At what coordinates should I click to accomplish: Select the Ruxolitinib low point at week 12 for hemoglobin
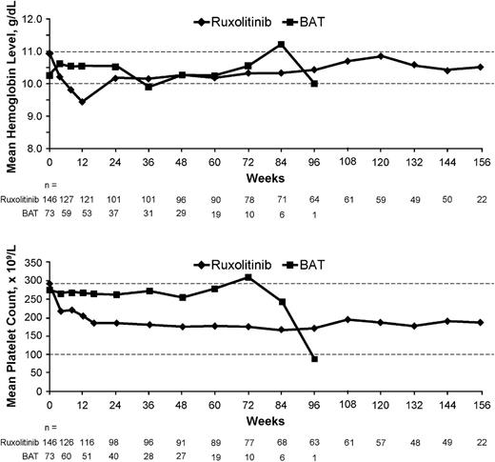[x=82, y=101]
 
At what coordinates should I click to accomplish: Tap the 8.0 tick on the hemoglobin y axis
[x=36, y=149]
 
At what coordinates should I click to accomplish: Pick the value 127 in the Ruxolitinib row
[x=67, y=200]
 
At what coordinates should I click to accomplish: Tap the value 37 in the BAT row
[x=115, y=214]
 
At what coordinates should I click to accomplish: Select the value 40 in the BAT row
[x=115, y=455]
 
